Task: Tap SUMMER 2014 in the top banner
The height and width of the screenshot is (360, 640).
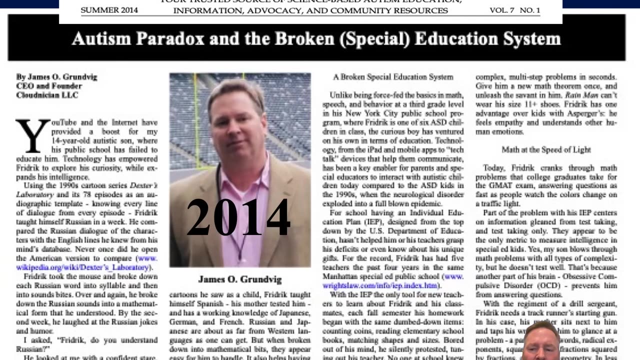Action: [x=109, y=10]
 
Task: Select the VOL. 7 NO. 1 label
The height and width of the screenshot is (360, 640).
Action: [x=514, y=10]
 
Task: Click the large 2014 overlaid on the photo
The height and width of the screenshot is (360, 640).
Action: [x=238, y=217]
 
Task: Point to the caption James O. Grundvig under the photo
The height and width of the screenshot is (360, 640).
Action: [x=239, y=279]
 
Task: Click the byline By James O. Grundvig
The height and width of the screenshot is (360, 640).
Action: [x=56, y=77]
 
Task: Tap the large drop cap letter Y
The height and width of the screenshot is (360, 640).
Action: [x=32, y=135]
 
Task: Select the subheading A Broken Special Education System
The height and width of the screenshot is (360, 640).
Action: [x=393, y=77]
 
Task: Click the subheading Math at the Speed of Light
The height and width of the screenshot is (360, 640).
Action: [x=546, y=149]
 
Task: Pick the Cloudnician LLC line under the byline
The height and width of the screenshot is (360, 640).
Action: [x=47, y=95]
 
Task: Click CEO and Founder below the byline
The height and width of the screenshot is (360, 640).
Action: [x=48, y=86]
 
